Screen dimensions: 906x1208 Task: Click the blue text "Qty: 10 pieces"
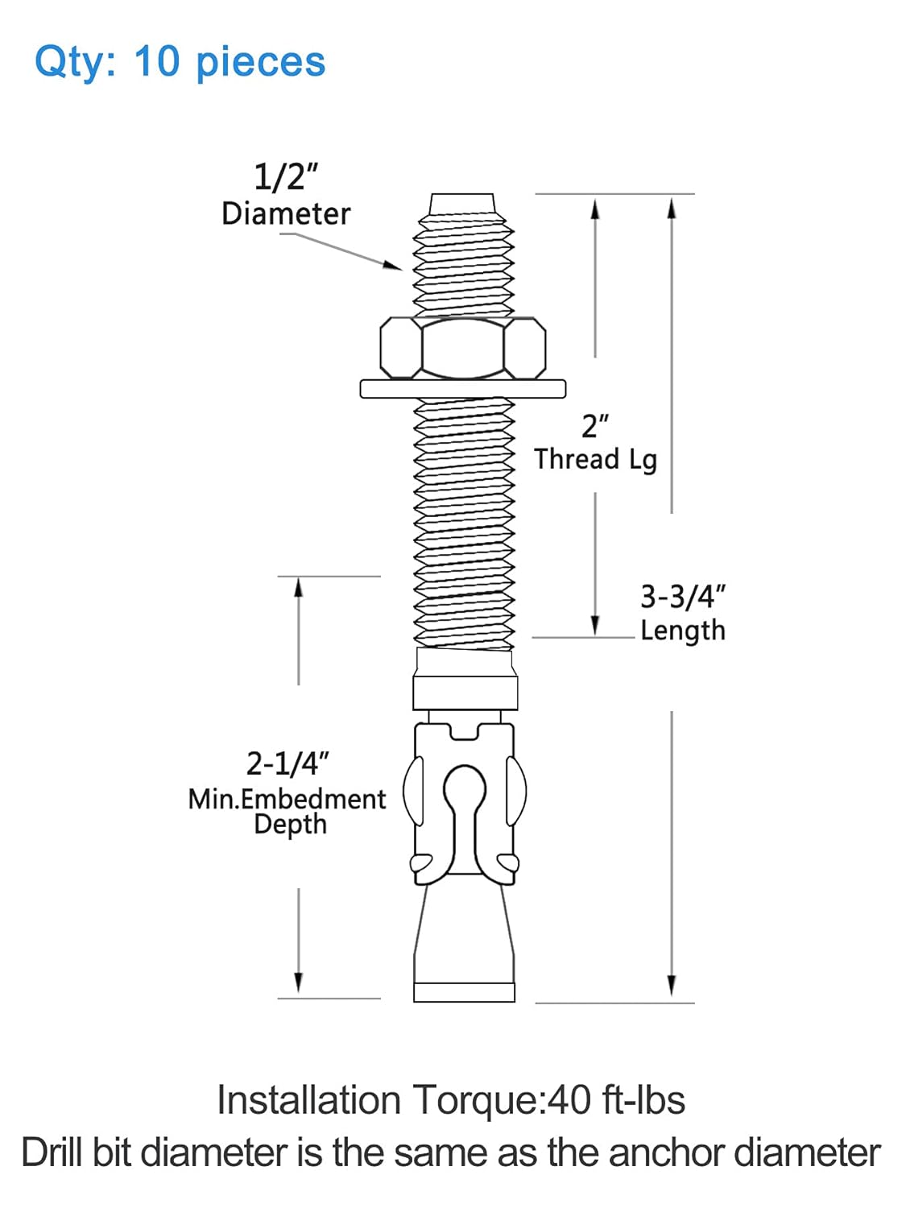click(180, 62)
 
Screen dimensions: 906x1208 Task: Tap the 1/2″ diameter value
click(286, 177)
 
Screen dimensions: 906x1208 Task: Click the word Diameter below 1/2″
click(286, 214)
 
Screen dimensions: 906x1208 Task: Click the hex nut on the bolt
click(463, 348)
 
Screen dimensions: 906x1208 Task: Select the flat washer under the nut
click(462, 388)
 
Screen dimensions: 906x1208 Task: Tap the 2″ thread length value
click(594, 426)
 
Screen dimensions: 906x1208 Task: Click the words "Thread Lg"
click(596, 460)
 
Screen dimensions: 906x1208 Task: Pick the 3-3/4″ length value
click(683, 596)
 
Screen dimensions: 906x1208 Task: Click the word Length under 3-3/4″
click(683, 630)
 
